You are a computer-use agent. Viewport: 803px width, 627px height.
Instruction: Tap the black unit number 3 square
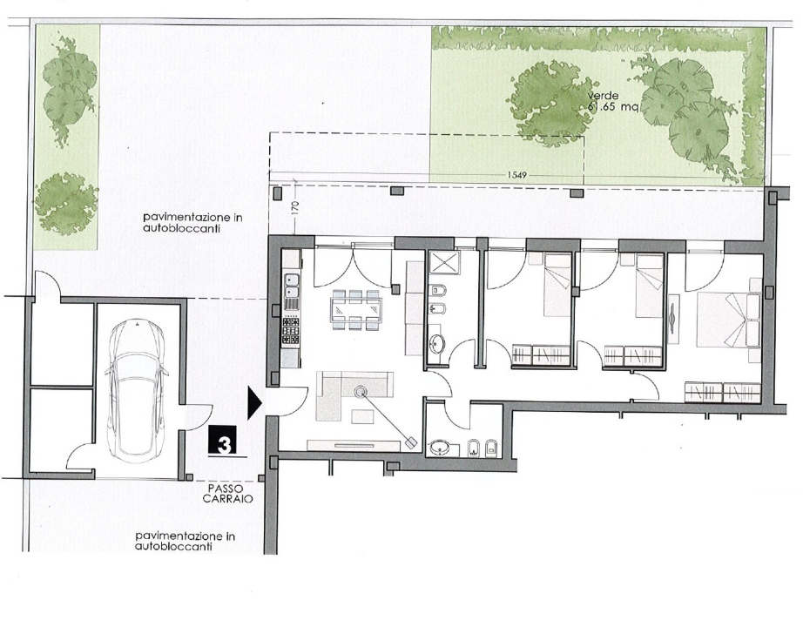[x=223, y=440]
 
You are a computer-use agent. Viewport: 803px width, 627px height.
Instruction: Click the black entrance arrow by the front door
[x=255, y=403]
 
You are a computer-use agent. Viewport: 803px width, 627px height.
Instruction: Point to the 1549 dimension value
[x=516, y=175]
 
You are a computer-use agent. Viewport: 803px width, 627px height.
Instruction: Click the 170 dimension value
[x=295, y=211]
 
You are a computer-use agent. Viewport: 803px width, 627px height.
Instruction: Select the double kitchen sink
[x=292, y=287]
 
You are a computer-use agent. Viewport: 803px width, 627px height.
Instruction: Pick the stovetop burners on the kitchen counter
[x=292, y=330]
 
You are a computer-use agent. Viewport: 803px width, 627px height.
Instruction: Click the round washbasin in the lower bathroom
[x=440, y=448]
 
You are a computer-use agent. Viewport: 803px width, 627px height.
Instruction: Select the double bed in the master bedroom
[x=729, y=320]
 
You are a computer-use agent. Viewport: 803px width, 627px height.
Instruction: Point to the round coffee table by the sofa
[x=361, y=393]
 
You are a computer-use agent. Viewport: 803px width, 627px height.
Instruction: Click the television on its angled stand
[x=410, y=442]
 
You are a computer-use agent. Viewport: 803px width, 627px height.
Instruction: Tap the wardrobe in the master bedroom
[x=723, y=393]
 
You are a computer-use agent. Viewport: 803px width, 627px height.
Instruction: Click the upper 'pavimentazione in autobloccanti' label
[x=192, y=223]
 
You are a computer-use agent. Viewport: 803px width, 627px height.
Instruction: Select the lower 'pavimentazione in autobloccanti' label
[x=185, y=542]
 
